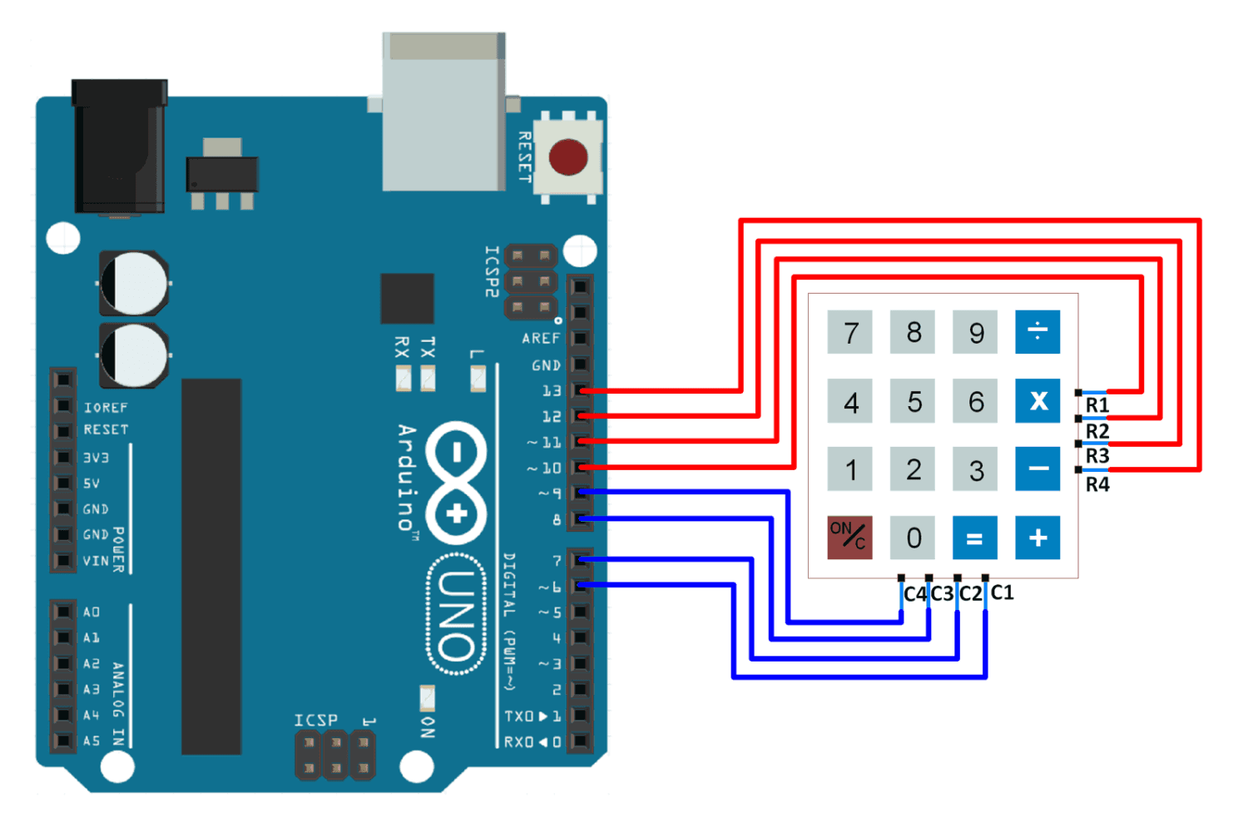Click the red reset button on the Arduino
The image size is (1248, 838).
[x=568, y=157]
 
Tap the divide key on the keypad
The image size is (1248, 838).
[x=1038, y=332]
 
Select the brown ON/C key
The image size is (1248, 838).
[x=849, y=537]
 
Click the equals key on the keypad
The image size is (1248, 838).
[x=974, y=538]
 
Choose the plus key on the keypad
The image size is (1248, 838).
[x=1038, y=538]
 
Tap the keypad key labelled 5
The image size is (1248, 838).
[x=914, y=402]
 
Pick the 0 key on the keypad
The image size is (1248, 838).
[x=914, y=538]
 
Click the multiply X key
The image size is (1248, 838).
[x=1038, y=401]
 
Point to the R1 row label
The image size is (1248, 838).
[x=1097, y=405]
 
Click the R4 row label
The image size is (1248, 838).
[x=1097, y=484]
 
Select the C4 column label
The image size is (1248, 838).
[x=914, y=594]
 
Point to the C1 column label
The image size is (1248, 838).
[x=1003, y=593]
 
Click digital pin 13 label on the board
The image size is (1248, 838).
[x=552, y=390]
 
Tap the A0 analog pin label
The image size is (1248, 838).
[x=92, y=612]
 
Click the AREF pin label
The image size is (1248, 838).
[x=541, y=339]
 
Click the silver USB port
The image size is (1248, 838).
[x=443, y=112]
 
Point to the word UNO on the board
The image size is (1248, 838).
[x=457, y=615]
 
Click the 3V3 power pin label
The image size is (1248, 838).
[x=96, y=458]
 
